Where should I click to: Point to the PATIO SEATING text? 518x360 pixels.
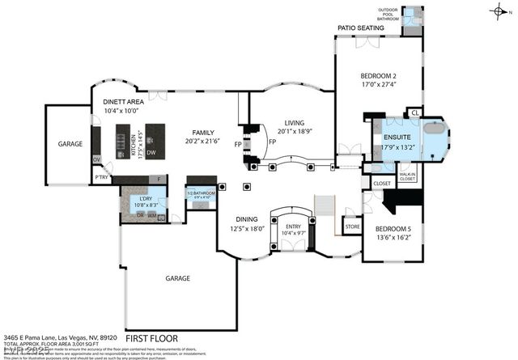(360, 28)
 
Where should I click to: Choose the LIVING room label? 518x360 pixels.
(289, 122)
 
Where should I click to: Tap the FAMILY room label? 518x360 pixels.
(202, 133)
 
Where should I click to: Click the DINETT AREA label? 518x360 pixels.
(124, 101)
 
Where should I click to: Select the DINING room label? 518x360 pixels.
(247, 219)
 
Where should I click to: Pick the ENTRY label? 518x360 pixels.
(293, 227)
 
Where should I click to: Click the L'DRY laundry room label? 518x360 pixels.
(146, 199)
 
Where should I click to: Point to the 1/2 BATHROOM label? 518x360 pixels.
(201, 193)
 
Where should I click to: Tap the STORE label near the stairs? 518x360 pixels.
(352, 227)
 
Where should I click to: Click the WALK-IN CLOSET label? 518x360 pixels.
(406, 176)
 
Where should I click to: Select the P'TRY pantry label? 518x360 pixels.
(102, 176)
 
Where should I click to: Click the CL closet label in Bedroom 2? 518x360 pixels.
(415, 112)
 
